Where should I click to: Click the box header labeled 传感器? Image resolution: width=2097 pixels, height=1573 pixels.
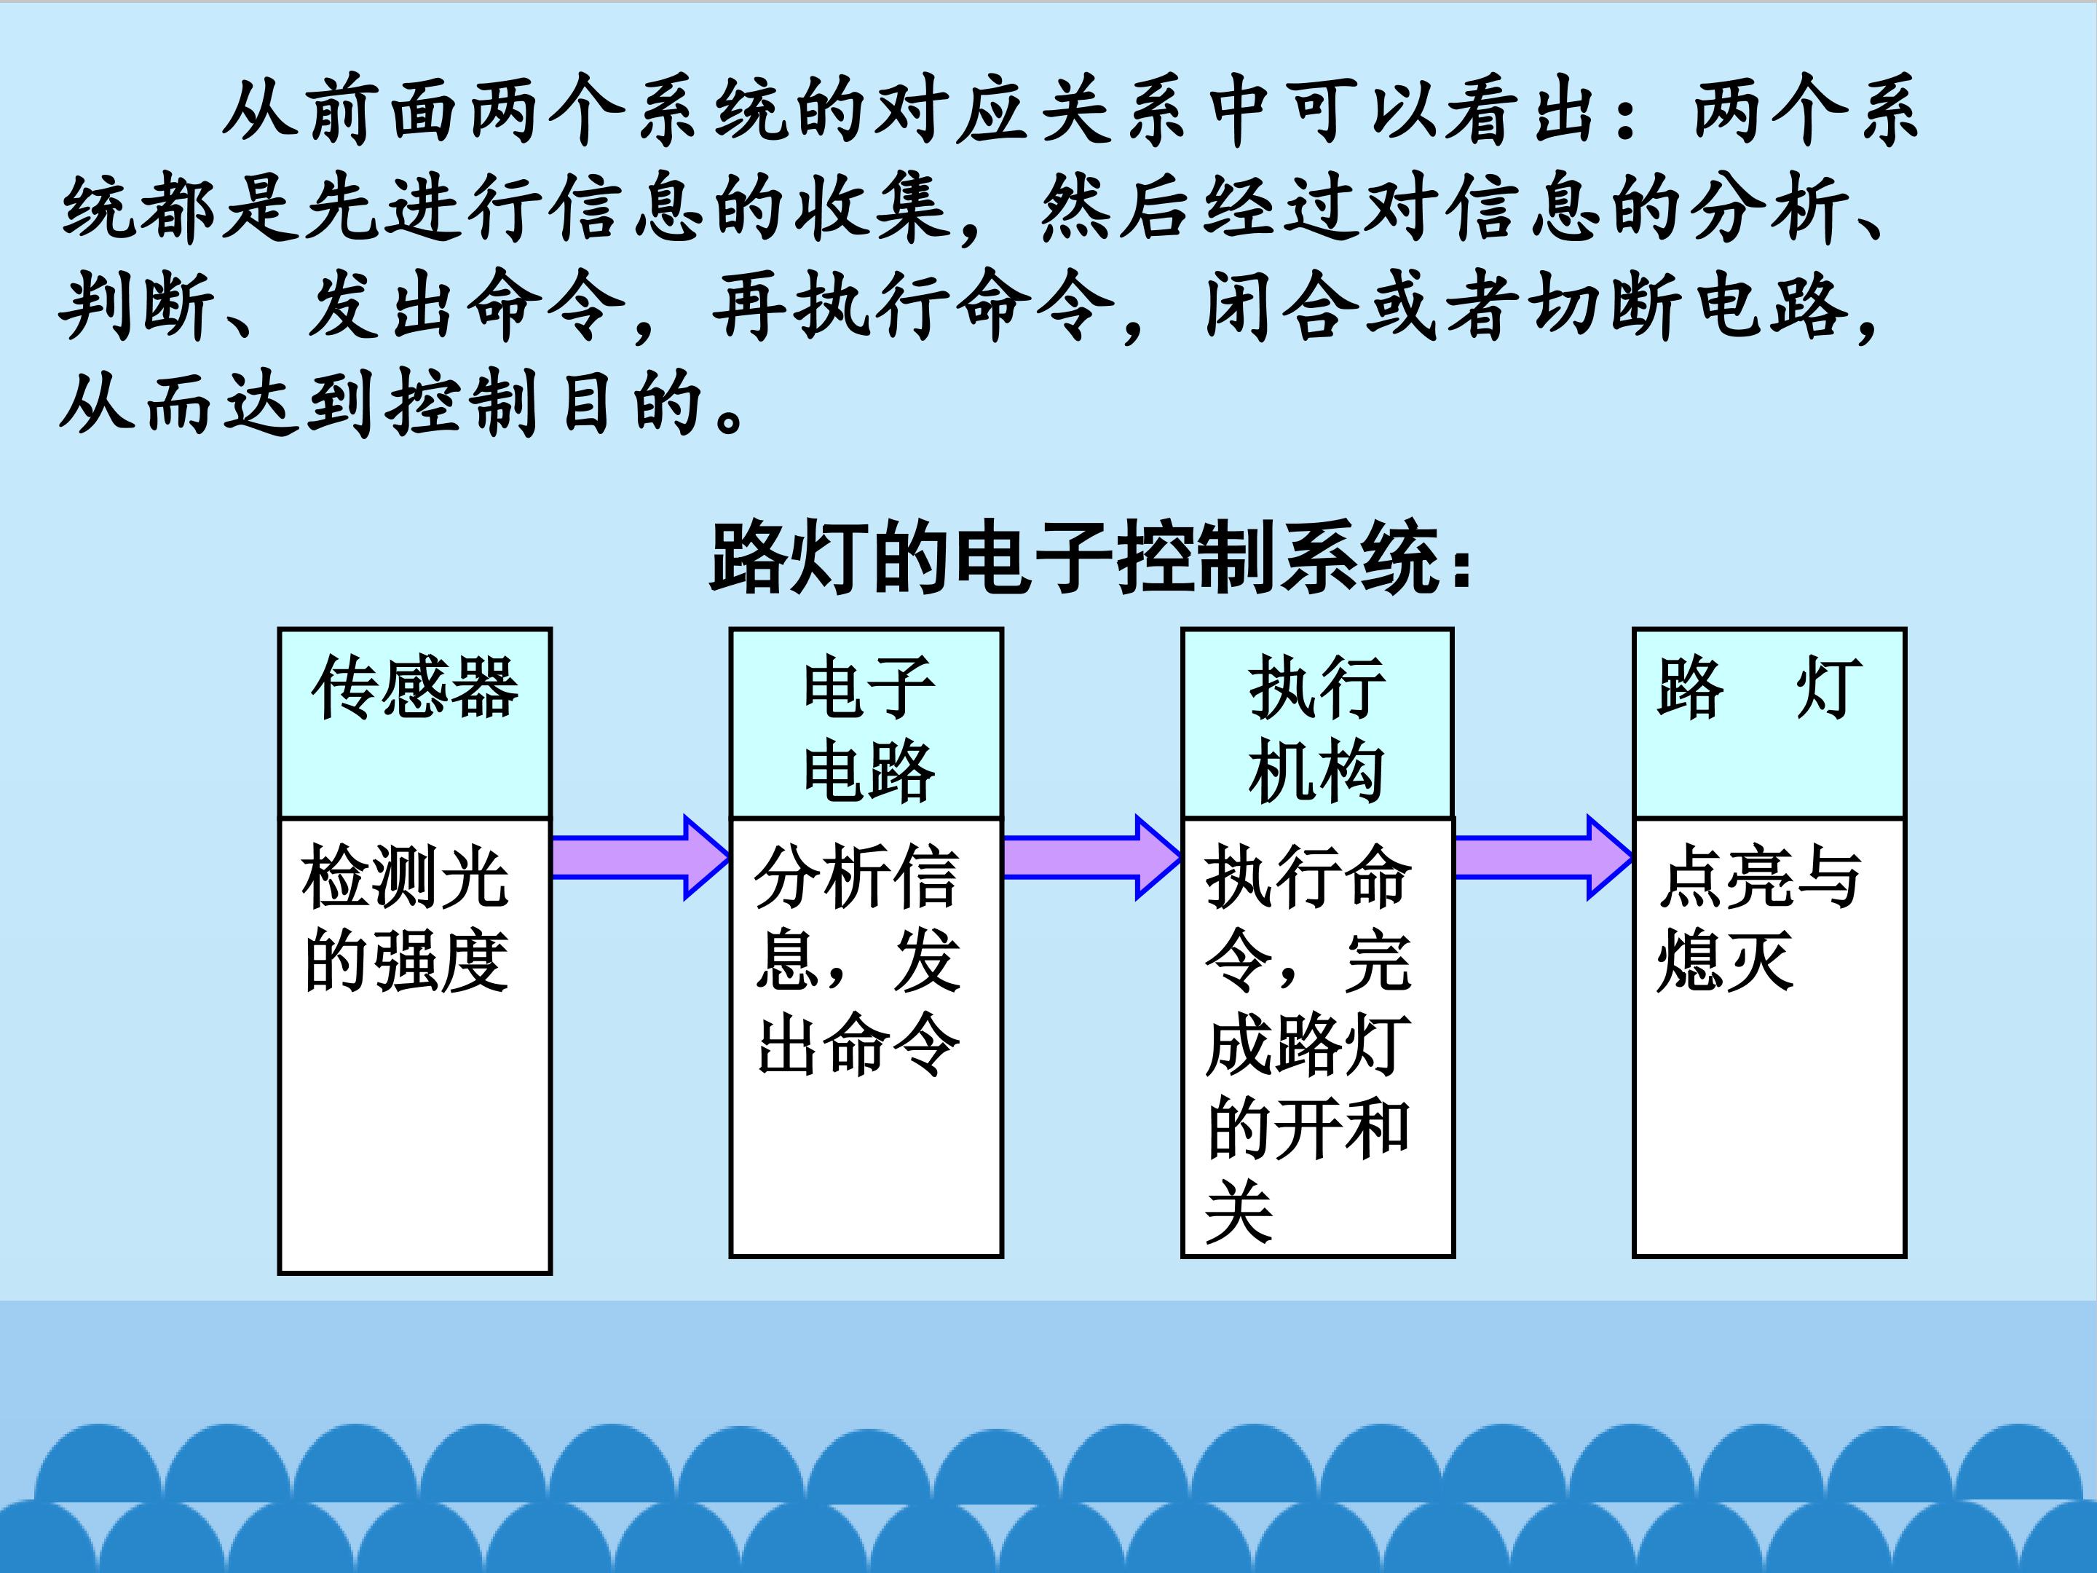[x=414, y=722]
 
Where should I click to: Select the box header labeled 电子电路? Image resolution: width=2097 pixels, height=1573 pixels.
[x=866, y=722]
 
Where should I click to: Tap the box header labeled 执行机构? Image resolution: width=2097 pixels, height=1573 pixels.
[x=1316, y=722]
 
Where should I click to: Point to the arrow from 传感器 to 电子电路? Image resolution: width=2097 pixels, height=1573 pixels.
[x=640, y=857]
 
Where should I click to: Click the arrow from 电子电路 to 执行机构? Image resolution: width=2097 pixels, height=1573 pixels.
[x=1092, y=857]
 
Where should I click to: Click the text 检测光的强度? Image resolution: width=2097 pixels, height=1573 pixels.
[x=406, y=918]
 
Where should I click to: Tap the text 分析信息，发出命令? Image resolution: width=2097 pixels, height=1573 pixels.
[x=857, y=960]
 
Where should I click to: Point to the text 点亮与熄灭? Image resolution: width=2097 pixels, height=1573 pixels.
[x=1759, y=918]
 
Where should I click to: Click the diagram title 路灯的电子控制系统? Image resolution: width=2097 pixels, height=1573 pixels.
[x=1090, y=559]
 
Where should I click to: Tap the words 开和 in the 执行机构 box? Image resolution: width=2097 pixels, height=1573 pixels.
[x=1343, y=1128]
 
